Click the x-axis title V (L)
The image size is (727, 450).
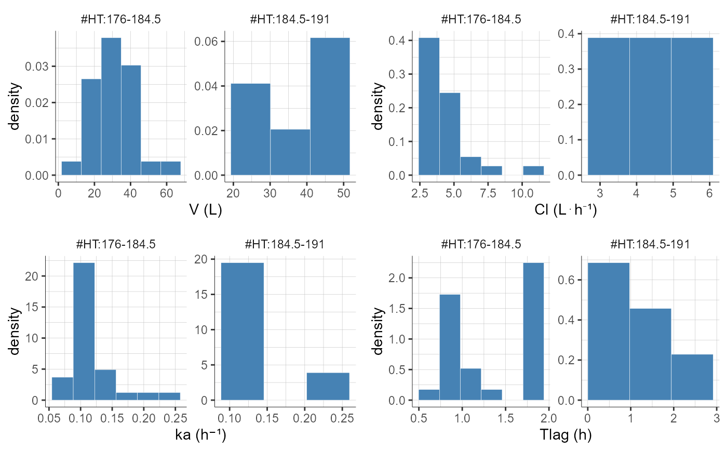[x=206, y=211]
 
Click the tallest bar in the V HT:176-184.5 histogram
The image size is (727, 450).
[x=111, y=107]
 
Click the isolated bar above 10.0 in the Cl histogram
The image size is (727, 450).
[x=533, y=170]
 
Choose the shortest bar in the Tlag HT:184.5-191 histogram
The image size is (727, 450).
[x=692, y=377]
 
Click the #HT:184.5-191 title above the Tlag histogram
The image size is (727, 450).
[x=650, y=244]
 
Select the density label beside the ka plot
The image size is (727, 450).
[x=16, y=332]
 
